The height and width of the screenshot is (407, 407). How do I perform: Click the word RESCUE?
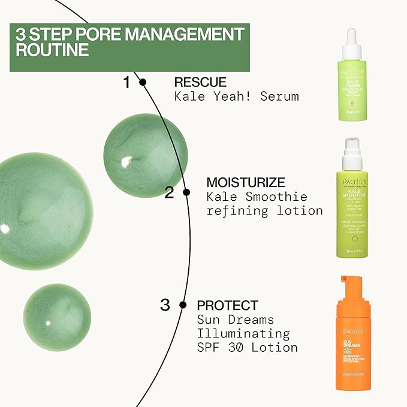[200, 82]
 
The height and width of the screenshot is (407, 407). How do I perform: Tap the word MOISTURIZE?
[245, 182]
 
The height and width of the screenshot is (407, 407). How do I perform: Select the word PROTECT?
[227, 305]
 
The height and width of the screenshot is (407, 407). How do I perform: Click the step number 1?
[126, 83]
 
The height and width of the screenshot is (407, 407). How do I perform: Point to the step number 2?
[169, 192]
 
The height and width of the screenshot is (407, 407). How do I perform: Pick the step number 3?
[165, 305]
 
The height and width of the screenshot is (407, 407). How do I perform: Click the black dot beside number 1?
[143, 83]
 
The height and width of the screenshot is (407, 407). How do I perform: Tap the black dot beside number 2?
[186, 192]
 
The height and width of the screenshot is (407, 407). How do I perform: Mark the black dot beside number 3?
[183, 306]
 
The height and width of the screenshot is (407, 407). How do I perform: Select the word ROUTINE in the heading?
[53, 49]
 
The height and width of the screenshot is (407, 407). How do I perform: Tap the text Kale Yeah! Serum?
[236, 97]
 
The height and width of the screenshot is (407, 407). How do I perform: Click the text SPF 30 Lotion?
[247, 348]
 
